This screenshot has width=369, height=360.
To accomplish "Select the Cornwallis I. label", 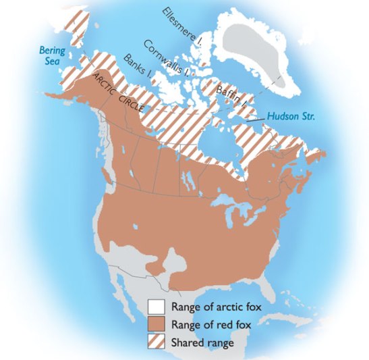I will tap(169, 56).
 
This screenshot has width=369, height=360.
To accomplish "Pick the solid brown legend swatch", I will tap(156, 324).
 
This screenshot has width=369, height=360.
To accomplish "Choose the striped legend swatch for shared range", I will tap(156, 342).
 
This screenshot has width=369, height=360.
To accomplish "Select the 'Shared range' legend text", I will tap(203, 342).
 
